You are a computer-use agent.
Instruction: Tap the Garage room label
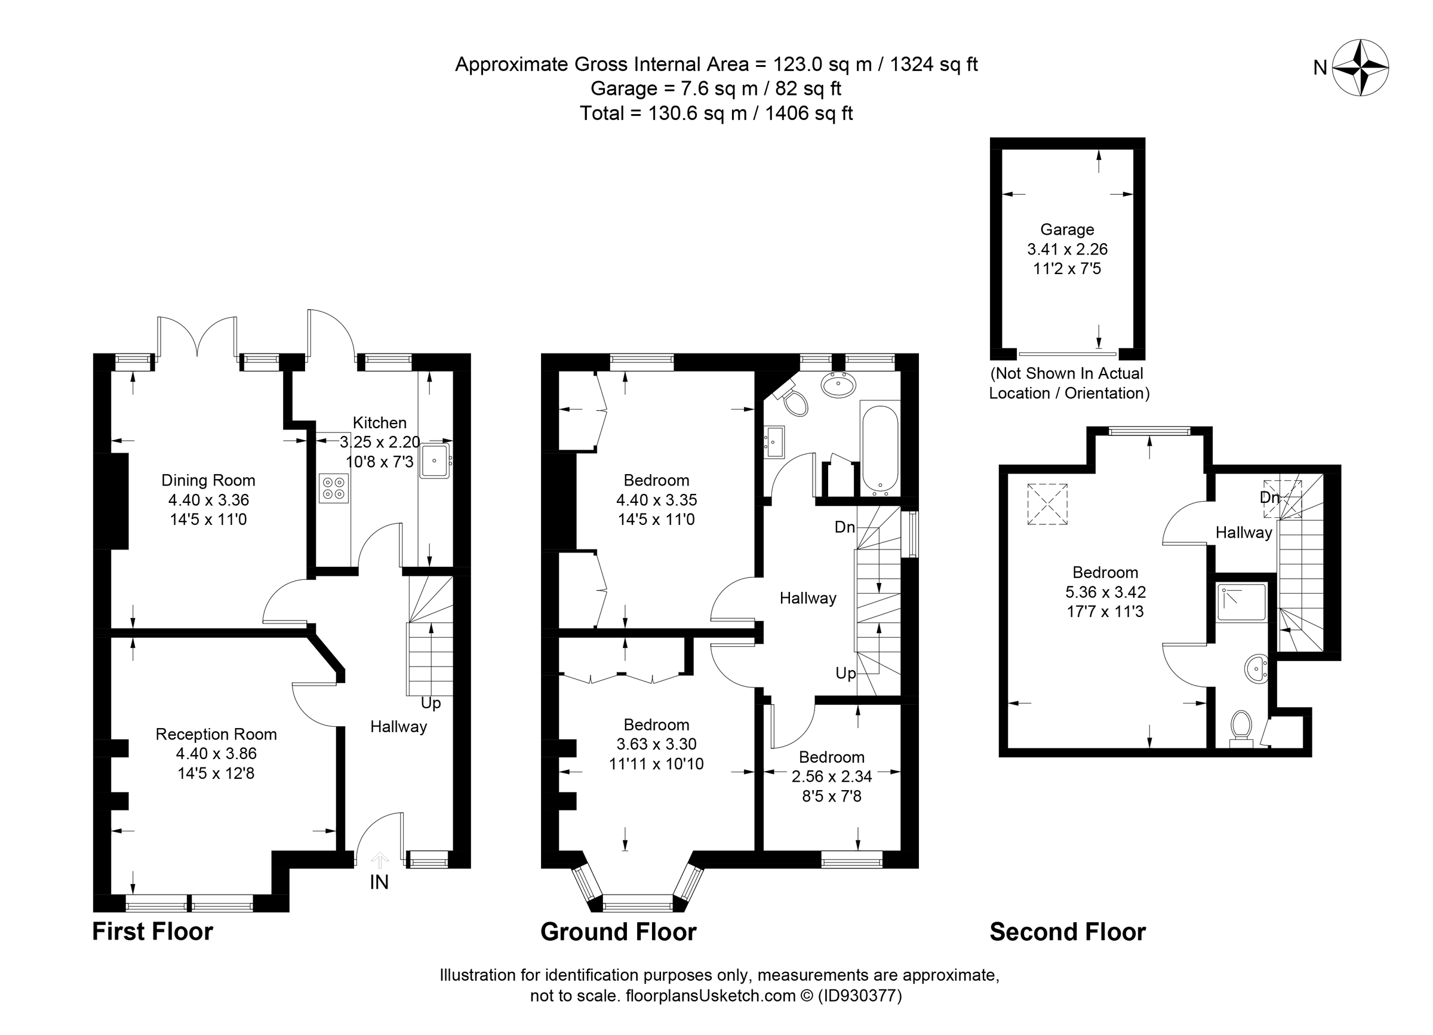pos(1067,229)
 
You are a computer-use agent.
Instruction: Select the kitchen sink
pos(435,460)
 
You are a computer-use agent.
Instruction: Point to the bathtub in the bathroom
pos(880,449)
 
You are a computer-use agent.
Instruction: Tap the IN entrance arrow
pos(379,861)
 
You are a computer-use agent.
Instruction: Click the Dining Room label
pos(208,480)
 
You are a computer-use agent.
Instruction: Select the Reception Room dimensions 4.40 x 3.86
pos(216,753)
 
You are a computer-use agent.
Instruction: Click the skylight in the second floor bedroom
pos(1047,503)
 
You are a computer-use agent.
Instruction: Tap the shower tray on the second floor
pos(1242,603)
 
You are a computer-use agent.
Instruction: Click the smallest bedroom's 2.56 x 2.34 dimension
pos(832,776)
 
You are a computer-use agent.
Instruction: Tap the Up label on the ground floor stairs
pos(845,674)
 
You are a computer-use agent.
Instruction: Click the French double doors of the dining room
pos(197,336)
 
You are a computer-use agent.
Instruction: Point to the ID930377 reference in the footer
pos(860,996)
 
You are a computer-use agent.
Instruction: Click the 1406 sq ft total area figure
pos(808,113)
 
